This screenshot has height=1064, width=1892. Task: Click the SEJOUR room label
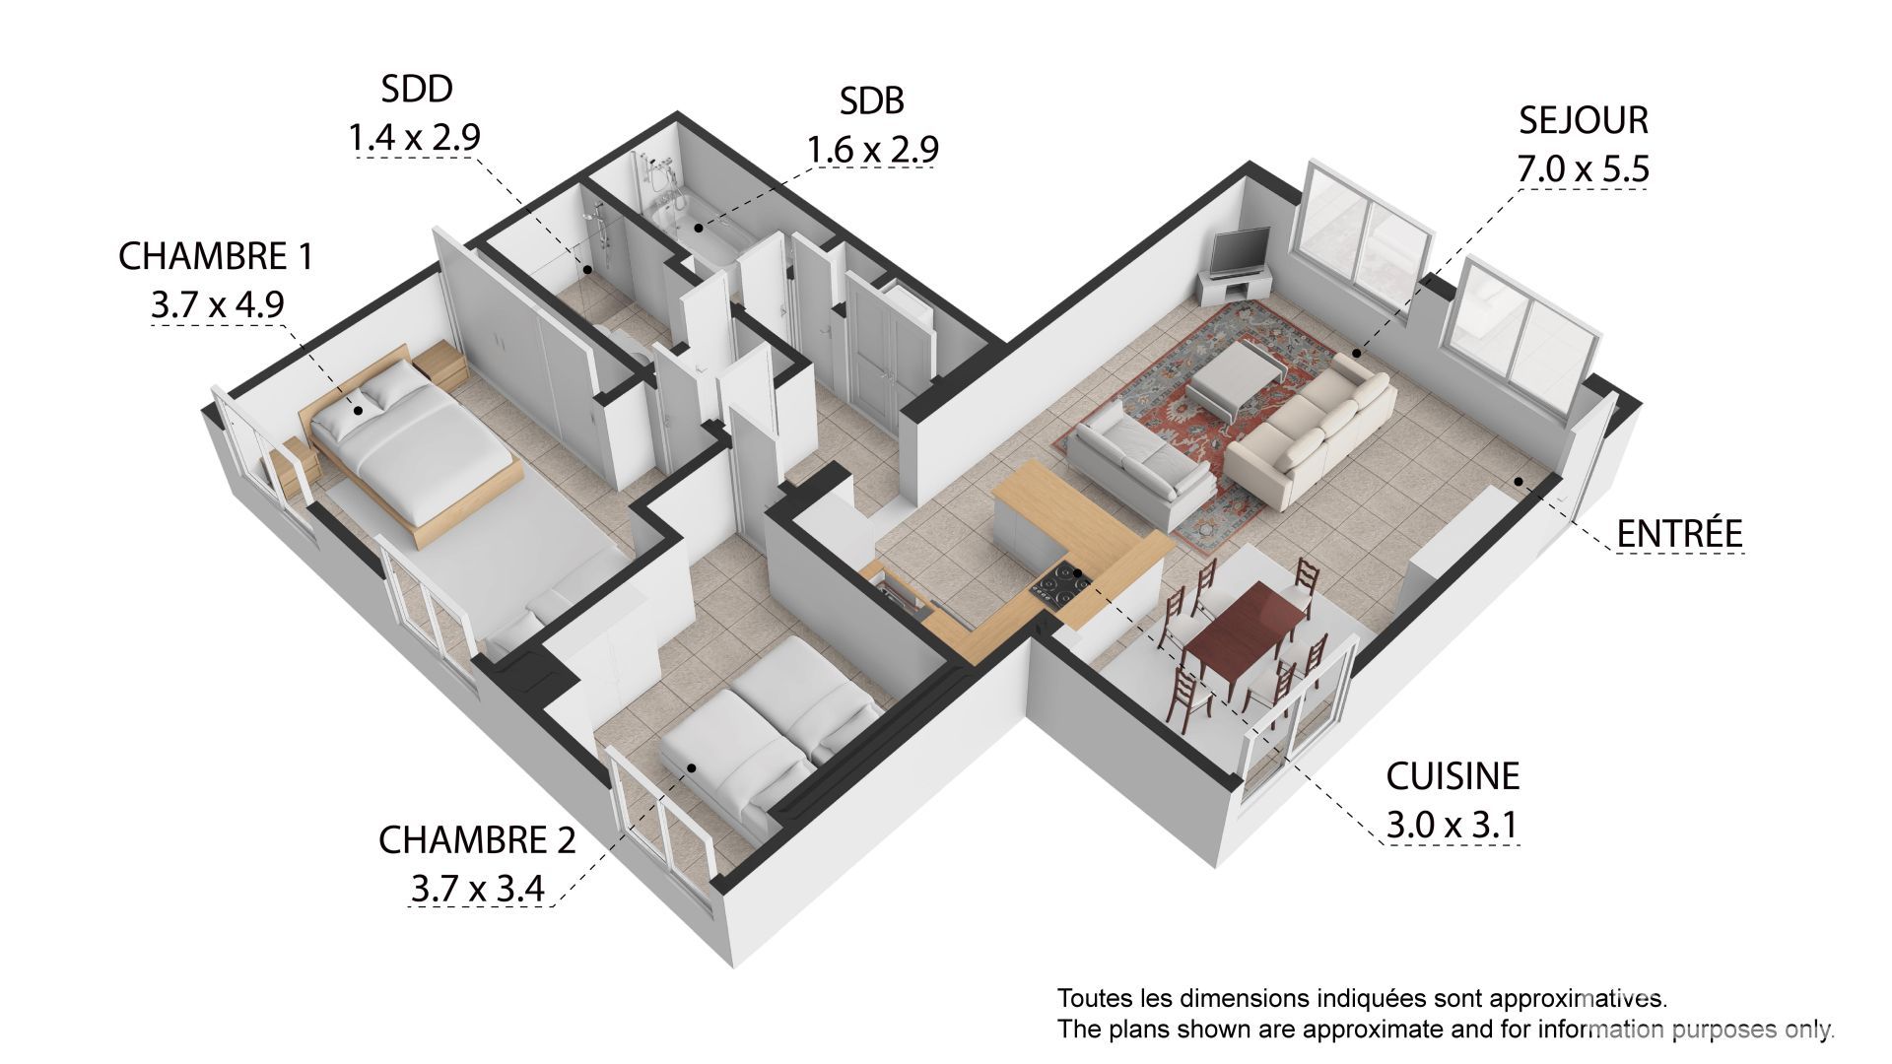point(1583,119)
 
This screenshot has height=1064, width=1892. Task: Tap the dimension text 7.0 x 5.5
point(1583,168)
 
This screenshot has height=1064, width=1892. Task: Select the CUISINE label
point(1453,776)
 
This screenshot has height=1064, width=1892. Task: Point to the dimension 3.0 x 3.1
point(1451,826)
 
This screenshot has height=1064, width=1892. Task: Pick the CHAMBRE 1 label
point(215,256)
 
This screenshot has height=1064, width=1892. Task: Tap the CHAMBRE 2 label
point(477,840)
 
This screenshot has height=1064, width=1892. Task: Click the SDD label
point(417,89)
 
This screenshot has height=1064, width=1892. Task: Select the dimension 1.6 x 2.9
point(872,150)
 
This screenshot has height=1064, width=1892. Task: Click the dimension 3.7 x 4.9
point(217,305)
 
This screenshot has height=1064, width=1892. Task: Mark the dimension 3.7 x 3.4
point(477,889)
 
